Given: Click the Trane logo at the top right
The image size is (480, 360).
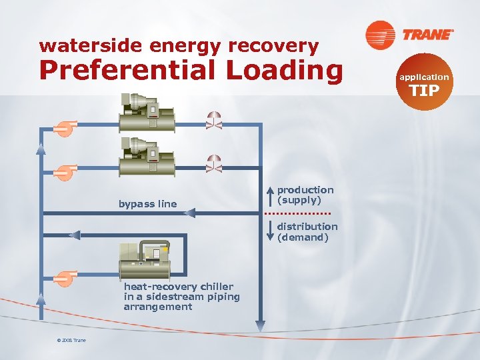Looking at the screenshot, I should (x=409, y=34).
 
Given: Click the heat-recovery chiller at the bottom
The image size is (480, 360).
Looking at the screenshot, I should (x=144, y=260).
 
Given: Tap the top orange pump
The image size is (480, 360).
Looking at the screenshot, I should (x=65, y=128).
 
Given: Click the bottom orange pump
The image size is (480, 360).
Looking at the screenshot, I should (x=65, y=277).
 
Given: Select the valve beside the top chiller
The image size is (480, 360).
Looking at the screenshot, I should (x=214, y=120).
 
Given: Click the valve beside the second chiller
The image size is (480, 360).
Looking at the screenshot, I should (x=214, y=163).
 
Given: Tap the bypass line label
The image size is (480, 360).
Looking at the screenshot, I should (x=147, y=204).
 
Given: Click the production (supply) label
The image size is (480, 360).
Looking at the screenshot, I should (x=305, y=195).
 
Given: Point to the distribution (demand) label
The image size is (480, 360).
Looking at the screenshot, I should (x=307, y=231).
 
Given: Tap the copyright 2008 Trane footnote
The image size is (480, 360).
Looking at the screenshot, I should (x=71, y=341).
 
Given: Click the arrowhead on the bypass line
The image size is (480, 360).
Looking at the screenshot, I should (x=189, y=213).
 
